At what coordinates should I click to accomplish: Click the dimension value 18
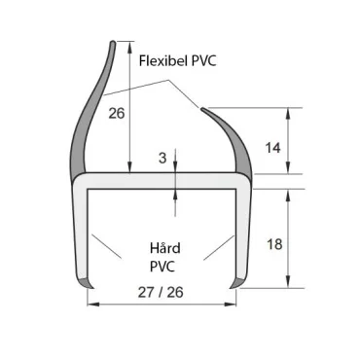point(273,244)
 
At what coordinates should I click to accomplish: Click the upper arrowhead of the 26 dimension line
point(129,47)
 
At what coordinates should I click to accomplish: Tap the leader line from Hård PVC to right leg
point(219,247)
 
